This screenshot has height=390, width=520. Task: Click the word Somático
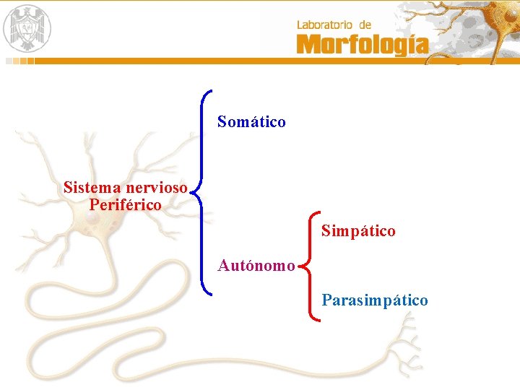click(251, 122)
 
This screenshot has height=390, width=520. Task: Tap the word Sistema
click(92, 188)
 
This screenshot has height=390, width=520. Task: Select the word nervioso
click(157, 188)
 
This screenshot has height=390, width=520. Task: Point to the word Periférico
click(126, 204)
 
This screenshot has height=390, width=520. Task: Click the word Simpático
click(358, 231)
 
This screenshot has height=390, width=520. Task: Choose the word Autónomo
click(256, 266)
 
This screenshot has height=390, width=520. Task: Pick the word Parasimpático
click(375, 300)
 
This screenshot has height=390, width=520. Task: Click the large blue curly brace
click(203, 192)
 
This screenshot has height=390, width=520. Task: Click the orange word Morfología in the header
click(362, 45)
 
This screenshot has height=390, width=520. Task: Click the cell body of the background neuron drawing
click(101, 231)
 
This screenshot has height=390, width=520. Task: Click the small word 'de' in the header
click(364, 25)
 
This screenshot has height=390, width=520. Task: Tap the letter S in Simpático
click(326, 231)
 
